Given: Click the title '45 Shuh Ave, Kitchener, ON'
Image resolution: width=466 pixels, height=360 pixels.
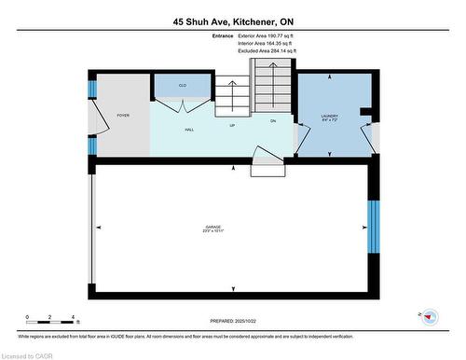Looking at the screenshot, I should click(x=232, y=21).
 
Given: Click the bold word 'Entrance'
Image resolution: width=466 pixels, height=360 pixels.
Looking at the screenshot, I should click(x=223, y=35).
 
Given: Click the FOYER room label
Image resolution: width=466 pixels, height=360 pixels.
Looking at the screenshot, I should click(x=122, y=116).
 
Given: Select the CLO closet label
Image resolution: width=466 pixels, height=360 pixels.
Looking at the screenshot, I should click(x=183, y=85).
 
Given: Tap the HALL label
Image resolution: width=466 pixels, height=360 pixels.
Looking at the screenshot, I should click(x=188, y=130).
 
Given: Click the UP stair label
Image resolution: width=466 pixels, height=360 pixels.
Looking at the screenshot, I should click(x=232, y=123).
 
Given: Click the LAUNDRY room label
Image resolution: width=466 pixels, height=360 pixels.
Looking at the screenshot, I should click(x=330, y=116).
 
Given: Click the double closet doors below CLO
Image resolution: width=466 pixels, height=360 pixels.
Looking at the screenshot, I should click(x=183, y=104).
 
